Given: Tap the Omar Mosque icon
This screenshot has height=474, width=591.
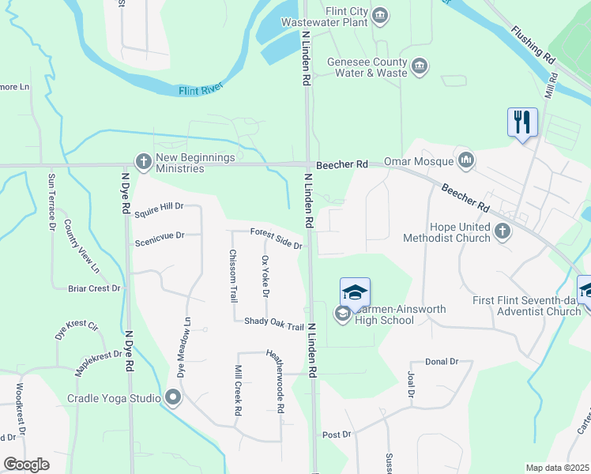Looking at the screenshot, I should point(466,161).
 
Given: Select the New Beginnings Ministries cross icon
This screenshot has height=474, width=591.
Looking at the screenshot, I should point(143,162).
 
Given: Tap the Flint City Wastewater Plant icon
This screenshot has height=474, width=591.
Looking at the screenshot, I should point(380,16).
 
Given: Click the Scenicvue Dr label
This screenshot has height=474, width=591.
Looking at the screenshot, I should point(159,235).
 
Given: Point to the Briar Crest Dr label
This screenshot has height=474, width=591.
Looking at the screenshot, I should point(94,288).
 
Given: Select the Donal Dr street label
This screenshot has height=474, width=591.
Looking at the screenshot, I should point(442,361).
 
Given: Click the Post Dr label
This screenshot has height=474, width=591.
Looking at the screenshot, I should point(336,434).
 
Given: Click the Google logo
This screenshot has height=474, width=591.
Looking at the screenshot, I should point(26,465).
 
